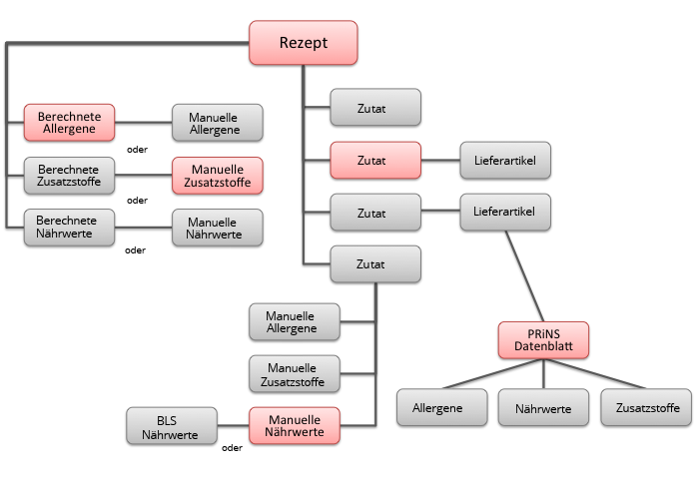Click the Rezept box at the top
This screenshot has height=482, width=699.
click(x=303, y=44)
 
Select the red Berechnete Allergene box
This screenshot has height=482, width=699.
click(x=69, y=124)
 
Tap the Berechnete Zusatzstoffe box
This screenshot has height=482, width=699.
click(x=69, y=177)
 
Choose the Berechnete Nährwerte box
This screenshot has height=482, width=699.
click(x=69, y=228)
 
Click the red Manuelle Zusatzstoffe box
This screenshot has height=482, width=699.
click(x=217, y=177)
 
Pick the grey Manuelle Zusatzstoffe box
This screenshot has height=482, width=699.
click(x=294, y=374)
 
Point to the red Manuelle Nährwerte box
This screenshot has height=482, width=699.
click(x=294, y=427)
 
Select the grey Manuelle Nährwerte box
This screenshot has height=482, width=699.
click(x=217, y=228)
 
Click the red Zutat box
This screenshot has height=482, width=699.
click(x=375, y=159)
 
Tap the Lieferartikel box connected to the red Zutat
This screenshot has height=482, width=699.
click(x=505, y=159)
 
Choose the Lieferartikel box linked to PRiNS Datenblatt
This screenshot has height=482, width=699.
click(x=505, y=212)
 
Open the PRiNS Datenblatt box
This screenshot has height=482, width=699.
click(x=543, y=339)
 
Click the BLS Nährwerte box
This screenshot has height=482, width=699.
click(x=172, y=426)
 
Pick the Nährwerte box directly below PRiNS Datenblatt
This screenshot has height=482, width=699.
click(x=543, y=407)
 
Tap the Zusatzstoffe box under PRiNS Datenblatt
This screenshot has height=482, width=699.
click(x=646, y=407)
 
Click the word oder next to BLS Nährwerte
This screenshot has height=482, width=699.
click(x=233, y=448)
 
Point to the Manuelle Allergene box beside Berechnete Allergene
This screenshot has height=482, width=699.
click(x=217, y=124)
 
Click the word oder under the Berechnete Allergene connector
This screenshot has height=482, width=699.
click(x=138, y=150)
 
